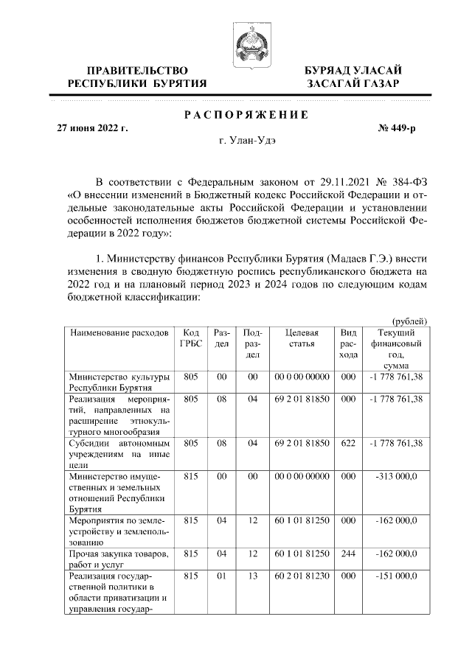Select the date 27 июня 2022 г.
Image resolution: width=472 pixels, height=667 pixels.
(93, 128)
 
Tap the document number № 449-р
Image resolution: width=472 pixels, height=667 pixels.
(397, 128)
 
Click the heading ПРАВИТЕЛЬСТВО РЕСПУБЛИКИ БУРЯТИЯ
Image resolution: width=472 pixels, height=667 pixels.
(137, 77)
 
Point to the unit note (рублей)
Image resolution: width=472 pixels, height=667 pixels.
(410, 321)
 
